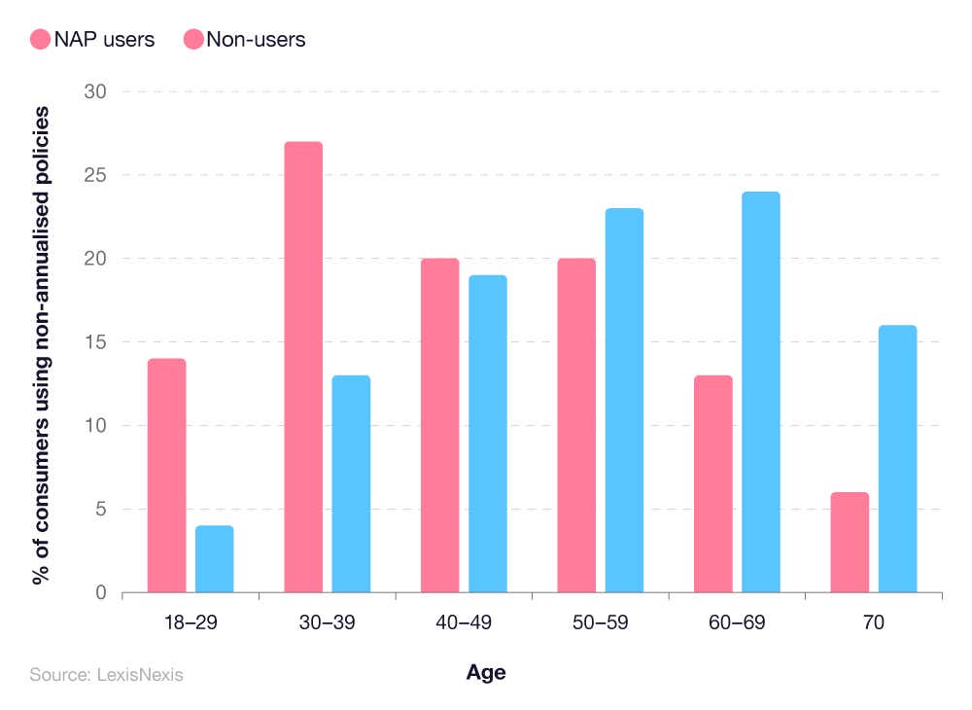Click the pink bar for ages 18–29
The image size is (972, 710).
(166, 476)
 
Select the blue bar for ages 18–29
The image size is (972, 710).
(215, 559)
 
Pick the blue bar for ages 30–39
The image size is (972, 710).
(351, 483)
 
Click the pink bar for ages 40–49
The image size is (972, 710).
(439, 425)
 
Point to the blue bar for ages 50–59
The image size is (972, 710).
(624, 400)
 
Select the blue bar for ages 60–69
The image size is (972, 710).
(761, 392)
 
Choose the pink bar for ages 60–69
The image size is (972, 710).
(713, 483)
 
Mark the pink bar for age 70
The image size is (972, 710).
(850, 542)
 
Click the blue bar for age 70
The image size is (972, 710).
(897, 458)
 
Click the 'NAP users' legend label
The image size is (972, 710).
(105, 40)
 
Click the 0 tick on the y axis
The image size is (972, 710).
(100, 592)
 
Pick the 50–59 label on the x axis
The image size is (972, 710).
(601, 623)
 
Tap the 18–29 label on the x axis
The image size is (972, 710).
(191, 623)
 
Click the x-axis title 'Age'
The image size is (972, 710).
(486, 672)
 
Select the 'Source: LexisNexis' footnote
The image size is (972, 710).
(106, 674)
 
